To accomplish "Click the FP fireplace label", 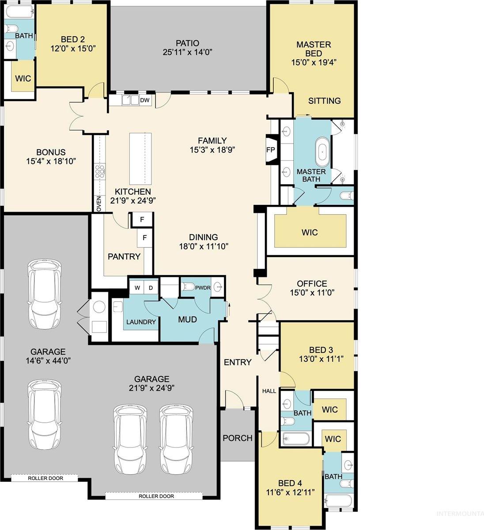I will click(x=271, y=150).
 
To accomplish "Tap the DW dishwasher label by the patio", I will click(x=145, y=100).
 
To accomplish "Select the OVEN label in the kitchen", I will click(x=98, y=204).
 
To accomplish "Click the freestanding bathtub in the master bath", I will click(x=323, y=152).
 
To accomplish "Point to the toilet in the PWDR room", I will click(x=189, y=287).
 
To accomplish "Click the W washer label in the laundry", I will click(x=137, y=288).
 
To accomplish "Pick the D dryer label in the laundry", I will click(x=150, y=288).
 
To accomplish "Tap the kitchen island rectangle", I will click(x=140, y=159).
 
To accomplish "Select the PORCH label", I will click(x=238, y=438).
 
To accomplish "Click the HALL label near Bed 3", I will click(x=269, y=391).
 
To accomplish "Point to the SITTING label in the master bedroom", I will click(x=325, y=101).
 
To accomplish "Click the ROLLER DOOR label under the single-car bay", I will click(x=45, y=478).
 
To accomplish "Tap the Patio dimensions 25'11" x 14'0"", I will click(x=188, y=52).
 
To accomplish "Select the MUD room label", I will click(x=187, y=319).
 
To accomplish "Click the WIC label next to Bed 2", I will click(x=23, y=78).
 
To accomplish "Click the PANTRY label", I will click(x=124, y=257).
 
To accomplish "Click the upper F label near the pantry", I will click(x=142, y=219).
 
